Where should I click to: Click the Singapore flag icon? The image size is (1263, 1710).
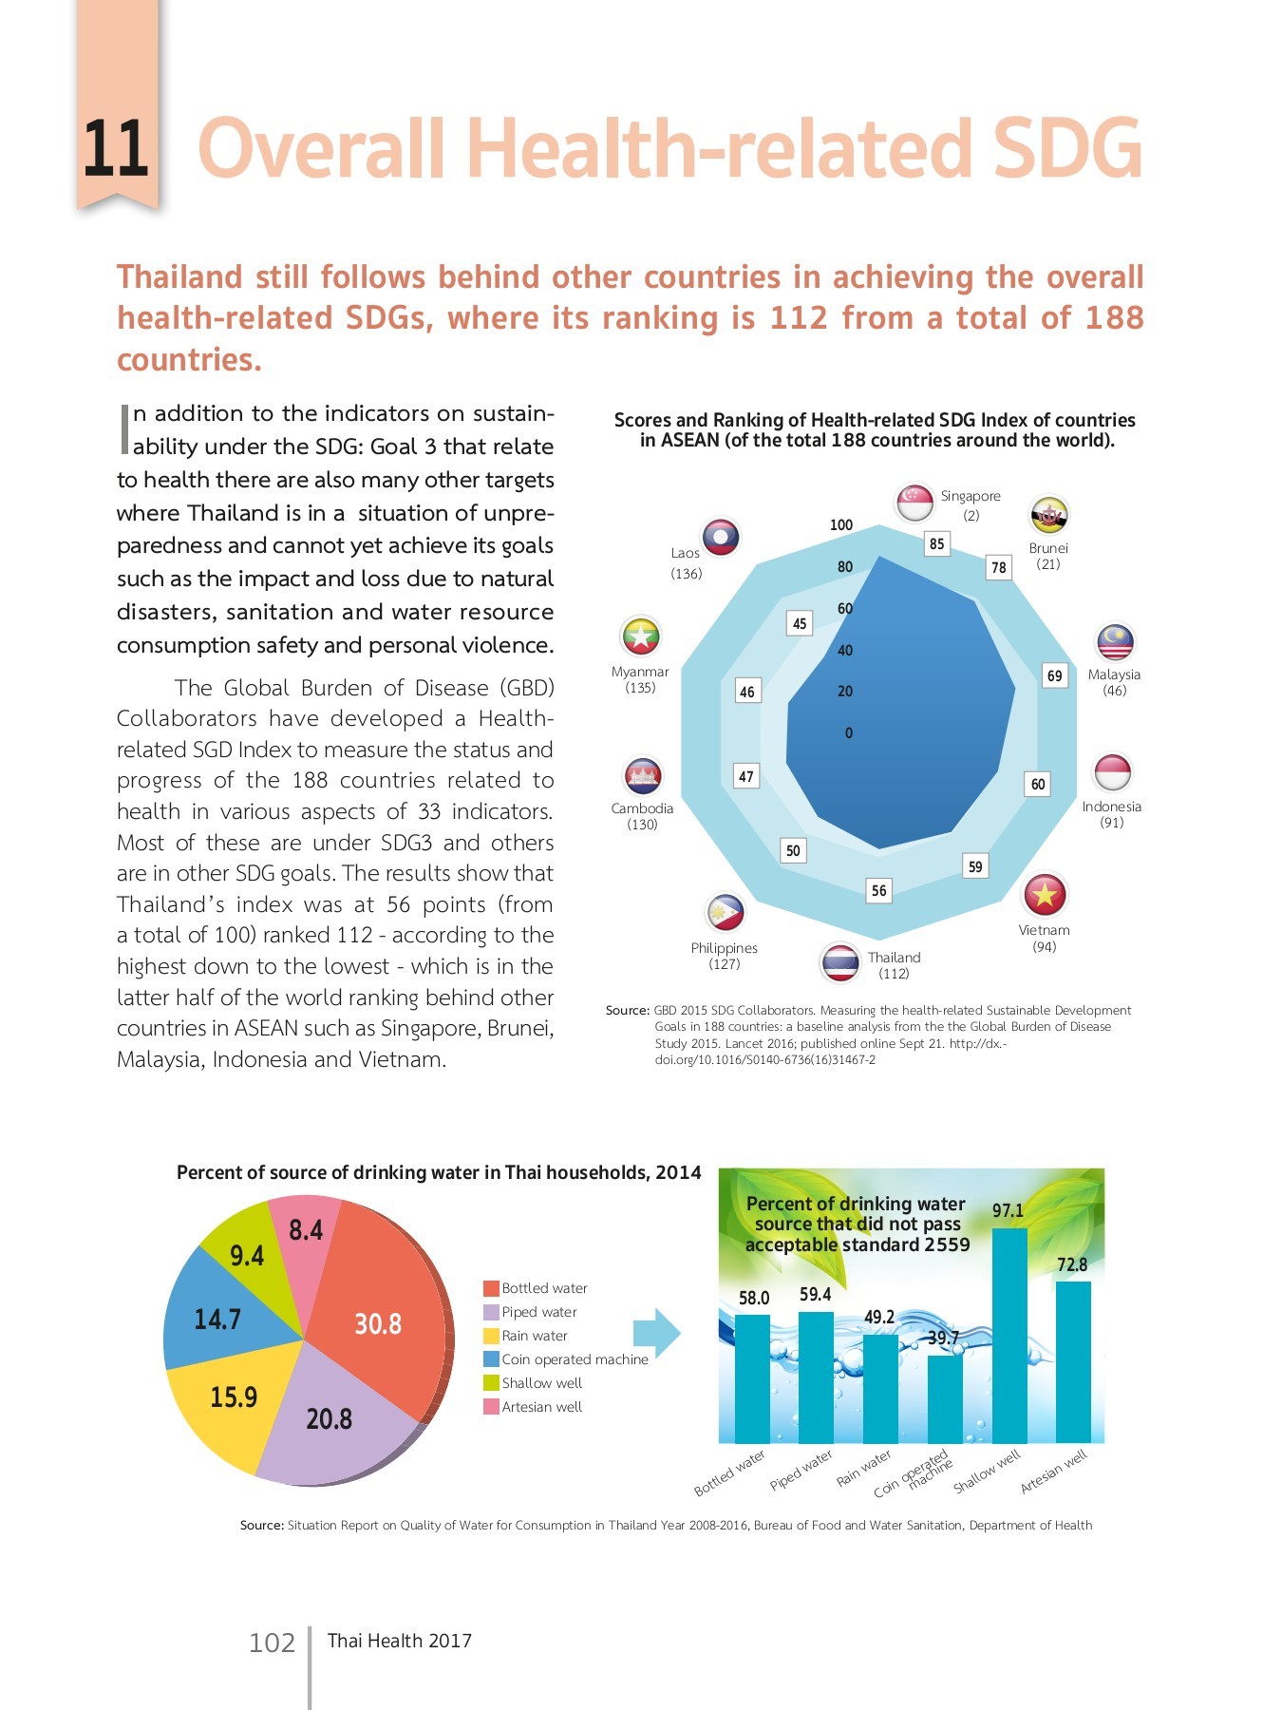[915, 503]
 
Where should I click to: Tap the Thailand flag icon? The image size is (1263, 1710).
[840, 962]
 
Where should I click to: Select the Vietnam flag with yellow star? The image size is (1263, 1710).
[1045, 894]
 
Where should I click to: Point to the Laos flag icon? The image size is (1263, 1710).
[721, 538]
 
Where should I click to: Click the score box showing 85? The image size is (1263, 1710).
[937, 543]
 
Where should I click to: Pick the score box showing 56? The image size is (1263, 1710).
[879, 890]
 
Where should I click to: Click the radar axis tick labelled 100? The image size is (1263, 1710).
[841, 525]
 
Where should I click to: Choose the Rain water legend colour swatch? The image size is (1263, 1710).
[491, 1336]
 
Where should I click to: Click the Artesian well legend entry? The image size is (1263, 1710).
[541, 1407]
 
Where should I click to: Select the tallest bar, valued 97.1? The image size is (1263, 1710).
[1009, 1335]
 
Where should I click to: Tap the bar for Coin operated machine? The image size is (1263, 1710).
[945, 1398]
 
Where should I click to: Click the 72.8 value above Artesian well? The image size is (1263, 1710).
[1072, 1264]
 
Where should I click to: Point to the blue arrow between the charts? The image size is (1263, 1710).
[657, 1333]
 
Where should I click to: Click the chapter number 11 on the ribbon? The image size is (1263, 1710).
[116, 149]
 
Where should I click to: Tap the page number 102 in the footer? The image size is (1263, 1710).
[272, 1643]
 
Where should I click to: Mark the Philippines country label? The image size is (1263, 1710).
[724, 948]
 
